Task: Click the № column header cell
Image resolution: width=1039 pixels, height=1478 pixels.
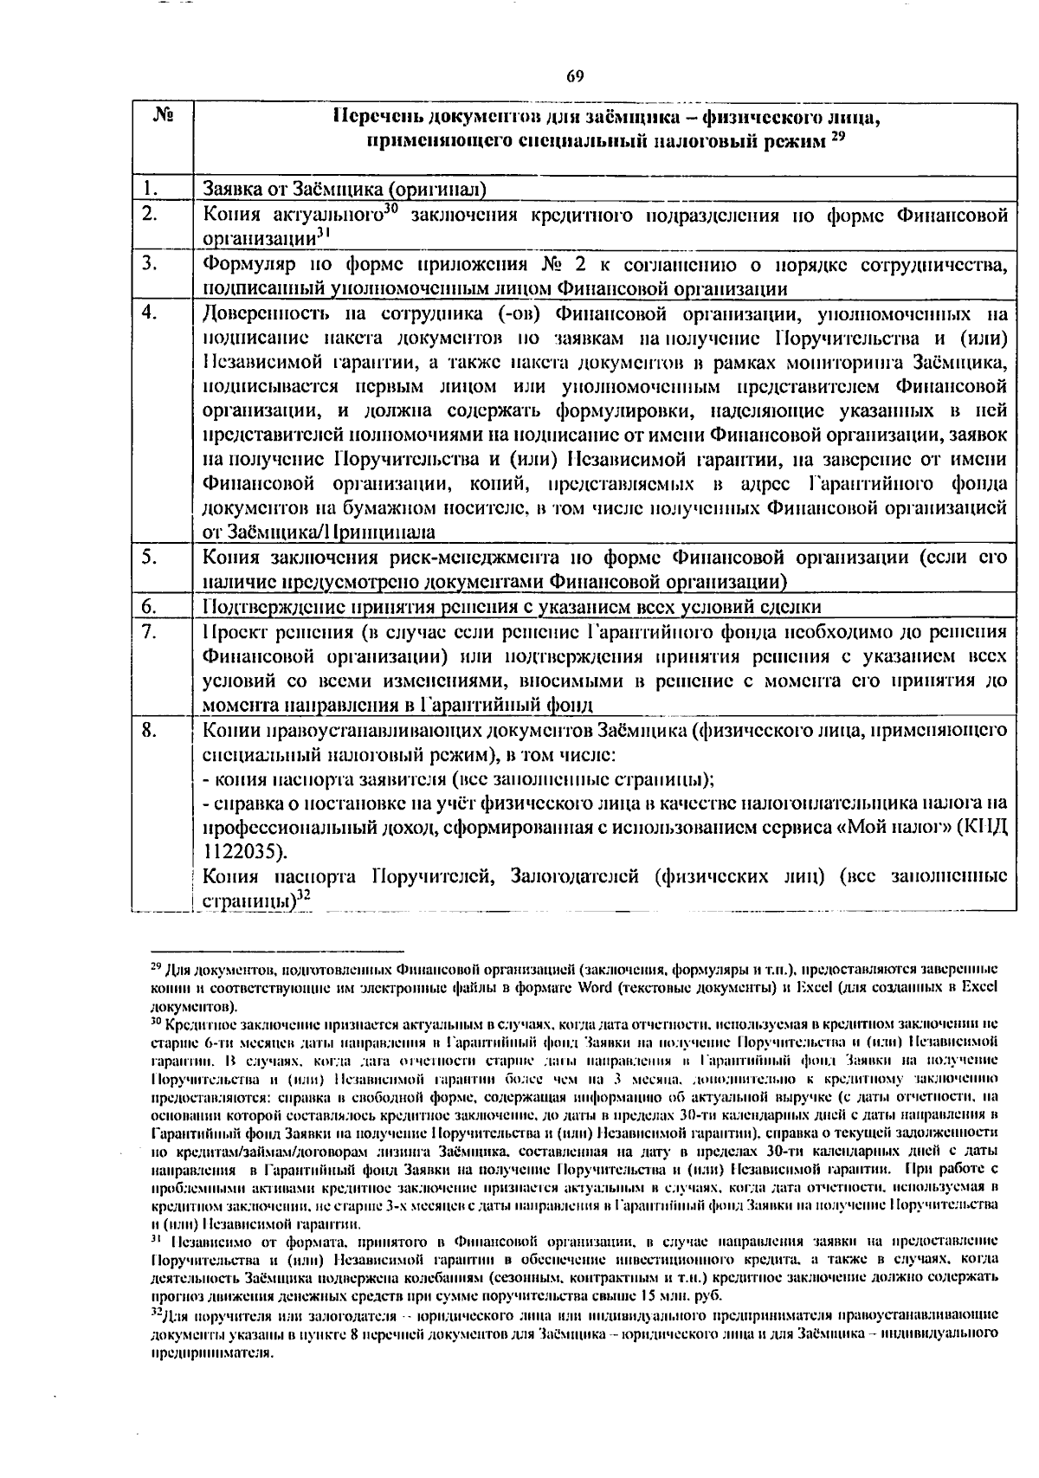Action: (x=161, y=114)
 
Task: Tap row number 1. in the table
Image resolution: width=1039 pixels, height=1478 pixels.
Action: (x=151, y=188)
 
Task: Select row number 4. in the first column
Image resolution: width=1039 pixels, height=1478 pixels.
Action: (x=150, y=313)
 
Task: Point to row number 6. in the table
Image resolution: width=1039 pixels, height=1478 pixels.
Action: (x=150, y=606)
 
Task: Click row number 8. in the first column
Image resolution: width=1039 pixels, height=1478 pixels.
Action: (x=150, y=730)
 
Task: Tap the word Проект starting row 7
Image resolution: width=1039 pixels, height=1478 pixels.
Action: (x=233, y=630)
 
